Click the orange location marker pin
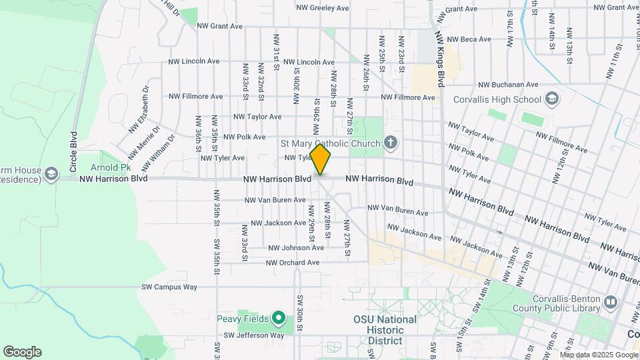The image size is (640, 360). point(321,160)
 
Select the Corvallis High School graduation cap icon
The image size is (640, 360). point(551,100)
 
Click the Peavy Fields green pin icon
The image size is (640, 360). point(280,319)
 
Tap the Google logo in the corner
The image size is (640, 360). point(22,352)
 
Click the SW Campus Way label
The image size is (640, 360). point(169,287)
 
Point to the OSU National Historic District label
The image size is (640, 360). point(385,330)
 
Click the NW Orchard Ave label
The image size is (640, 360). point(292,263)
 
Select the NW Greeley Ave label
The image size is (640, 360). point(323,8)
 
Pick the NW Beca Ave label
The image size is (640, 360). point(471,39)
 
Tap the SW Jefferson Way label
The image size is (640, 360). point(253,335)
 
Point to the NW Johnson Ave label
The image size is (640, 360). point(295,247)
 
